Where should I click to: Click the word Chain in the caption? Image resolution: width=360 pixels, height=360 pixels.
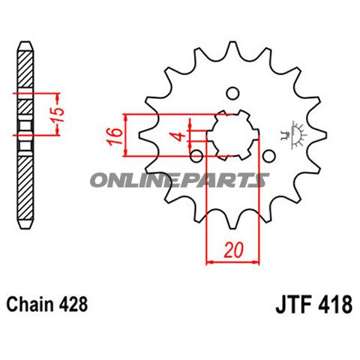click(28, 305)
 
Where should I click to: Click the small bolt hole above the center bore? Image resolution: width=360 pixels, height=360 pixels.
click(232, 93)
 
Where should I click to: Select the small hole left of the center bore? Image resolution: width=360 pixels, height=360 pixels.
click(196, 156)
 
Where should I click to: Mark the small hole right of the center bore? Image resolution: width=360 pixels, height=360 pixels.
click(269, 155)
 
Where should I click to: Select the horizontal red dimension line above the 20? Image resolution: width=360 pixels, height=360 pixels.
click(232, 262)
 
